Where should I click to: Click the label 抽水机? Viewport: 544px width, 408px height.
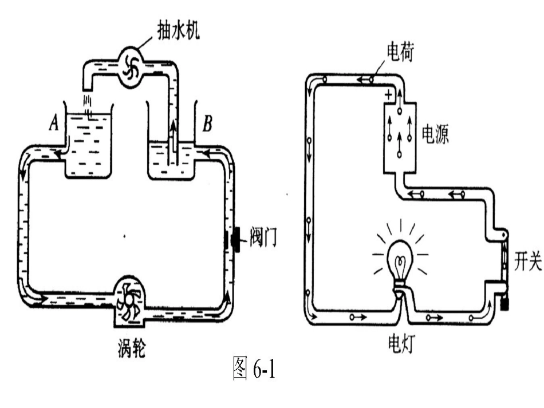tap(179, 31)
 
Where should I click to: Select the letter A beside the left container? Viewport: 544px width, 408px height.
tap(53, 122)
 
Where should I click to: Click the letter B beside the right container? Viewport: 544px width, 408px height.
tap(207, 124)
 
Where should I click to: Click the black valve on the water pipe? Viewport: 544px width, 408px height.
tap(238, 239)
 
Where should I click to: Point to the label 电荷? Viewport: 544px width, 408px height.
tap(400, 53)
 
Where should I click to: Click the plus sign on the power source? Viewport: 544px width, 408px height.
tap(389, 94)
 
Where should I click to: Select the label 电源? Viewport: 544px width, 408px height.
tap(435, 134)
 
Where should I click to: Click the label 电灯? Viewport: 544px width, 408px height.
tap(401, 343)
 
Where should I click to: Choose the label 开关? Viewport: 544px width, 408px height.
tap(527, 261)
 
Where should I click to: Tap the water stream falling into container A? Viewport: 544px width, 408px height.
tap(88, 105)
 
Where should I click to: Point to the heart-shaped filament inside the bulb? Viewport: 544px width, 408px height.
tap(400, 265)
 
